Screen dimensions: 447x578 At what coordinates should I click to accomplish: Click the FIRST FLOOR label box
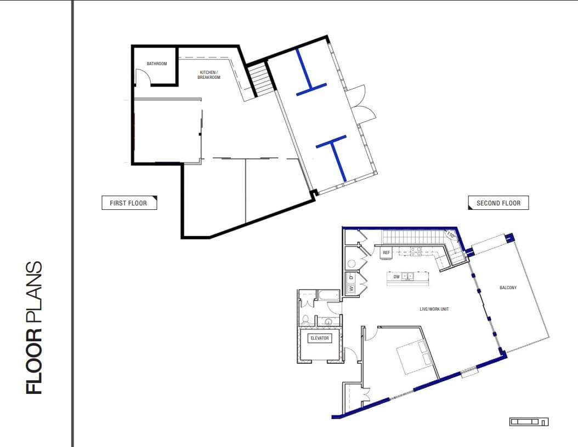pyautogui.click(x=129, y=203)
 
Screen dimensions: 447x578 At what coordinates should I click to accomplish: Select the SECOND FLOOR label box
pyautogui.click(x=498, y=203)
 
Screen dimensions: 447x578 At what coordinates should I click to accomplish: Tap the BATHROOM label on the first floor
pyautogui.click(x=156, y=64)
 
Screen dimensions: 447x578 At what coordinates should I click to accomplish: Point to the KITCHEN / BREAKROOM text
pyautogui.click(x=208, y=75)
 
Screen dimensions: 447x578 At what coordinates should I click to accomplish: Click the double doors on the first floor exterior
pyautogui.click(x=363, y=104)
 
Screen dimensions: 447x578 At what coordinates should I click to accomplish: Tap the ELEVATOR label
pyautogui.click(x=319, y=338)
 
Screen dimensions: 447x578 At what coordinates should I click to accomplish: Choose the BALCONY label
pyautogui.click(x=508, y=288)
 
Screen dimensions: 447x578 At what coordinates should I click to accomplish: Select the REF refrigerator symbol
pyautogui.click(x=386, y=253)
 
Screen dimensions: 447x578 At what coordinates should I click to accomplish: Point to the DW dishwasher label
pyautogui.click(x=396, y=277)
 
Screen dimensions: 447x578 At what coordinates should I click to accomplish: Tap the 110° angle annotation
pyautogui.click(x=451, y=236)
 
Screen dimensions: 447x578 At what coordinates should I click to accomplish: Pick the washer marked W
pyautogui.click(x=350, y=289)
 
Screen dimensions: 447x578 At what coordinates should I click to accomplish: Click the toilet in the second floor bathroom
pyautogui.click(x=307, y=319)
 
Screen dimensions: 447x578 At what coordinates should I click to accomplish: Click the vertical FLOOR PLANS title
pyautogui.click(x=34, y=328)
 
